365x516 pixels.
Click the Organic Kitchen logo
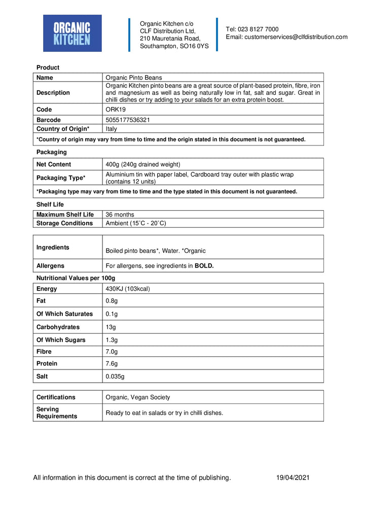click(72, 33)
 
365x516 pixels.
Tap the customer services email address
click(286, 37)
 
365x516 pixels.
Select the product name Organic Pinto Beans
click(134, 78)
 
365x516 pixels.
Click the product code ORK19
click(115, 109)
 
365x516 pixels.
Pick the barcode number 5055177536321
click(127, 120)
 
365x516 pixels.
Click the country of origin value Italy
click(111, 129)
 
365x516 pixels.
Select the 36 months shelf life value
click(120, 215)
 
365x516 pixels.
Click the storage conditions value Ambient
click(136, 223)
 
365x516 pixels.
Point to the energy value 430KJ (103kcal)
click(128, 289)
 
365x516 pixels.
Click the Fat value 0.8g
click(112, 301)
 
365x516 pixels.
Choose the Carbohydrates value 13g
click(111, 327)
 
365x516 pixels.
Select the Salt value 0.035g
click(115, 377)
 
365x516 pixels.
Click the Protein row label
click(47, 363)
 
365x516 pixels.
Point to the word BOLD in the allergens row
click(204, 266)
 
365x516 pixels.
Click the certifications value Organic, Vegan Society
click(138, 397)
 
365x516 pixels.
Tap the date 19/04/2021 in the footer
click(293, 477)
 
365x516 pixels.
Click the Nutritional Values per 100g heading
click(76, 278)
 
